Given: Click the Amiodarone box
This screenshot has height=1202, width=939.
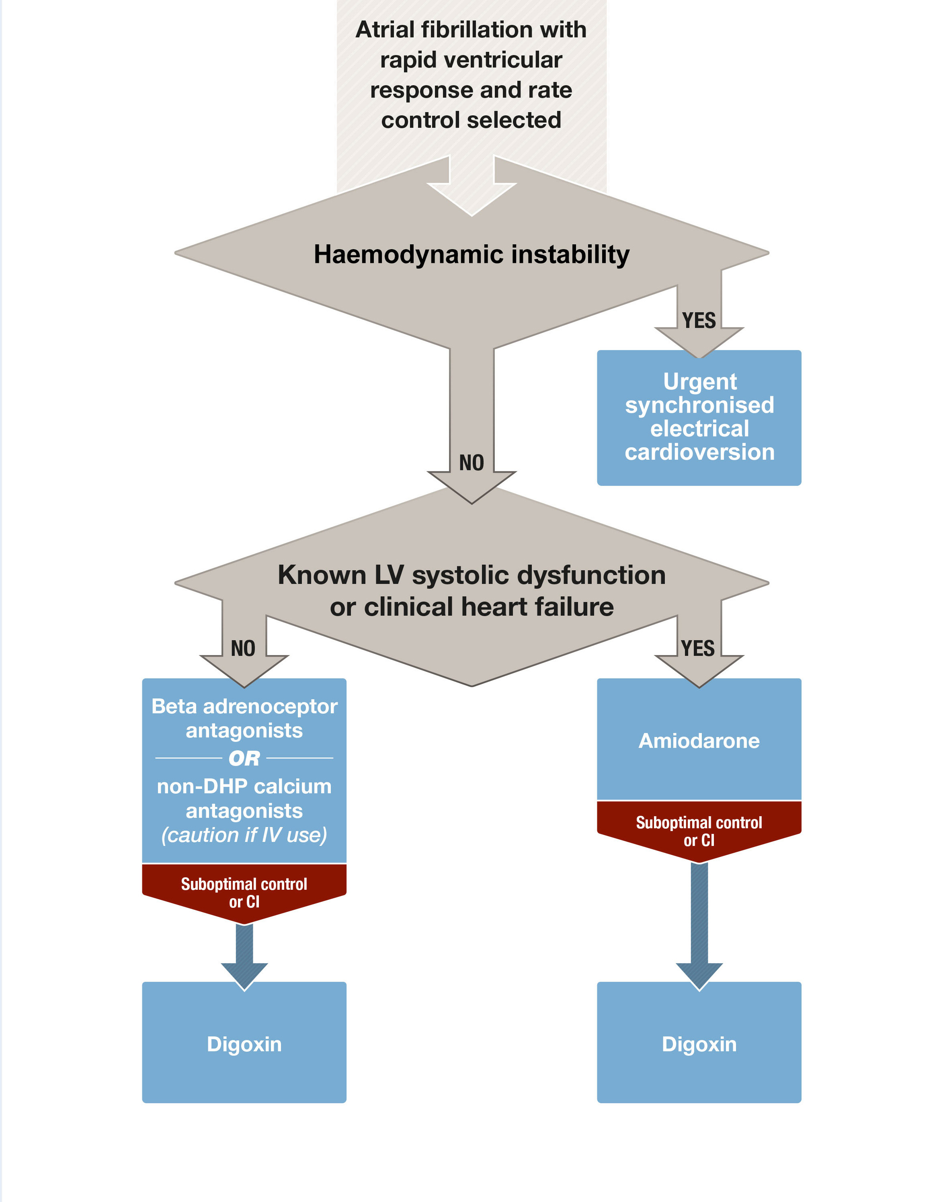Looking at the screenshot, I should [x=699, y=740].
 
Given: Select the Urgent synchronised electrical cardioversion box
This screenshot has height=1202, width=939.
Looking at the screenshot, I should [x=699, y=417].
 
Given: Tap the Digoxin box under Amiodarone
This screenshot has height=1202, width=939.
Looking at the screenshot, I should [x=699, y=1044].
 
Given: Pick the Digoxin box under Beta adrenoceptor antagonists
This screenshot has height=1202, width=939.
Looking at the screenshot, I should [x=244, y=1044].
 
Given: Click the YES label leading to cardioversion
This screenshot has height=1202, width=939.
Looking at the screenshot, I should [x=699, y=320].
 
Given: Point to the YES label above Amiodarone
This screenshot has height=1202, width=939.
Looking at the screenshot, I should [x=697, y=648].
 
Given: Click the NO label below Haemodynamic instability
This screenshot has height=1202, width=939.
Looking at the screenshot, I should [x=471, y=463].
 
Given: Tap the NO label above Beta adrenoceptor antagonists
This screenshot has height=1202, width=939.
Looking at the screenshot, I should [x=243, y=648].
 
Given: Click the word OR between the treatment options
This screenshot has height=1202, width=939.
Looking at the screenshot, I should [x=244, y=758].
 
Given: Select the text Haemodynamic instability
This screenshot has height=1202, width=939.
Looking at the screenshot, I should [x=471, y=254].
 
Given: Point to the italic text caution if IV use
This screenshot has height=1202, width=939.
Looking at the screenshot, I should [x=244, y=835].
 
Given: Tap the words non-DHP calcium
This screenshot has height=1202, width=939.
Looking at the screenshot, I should [x=244, y=786].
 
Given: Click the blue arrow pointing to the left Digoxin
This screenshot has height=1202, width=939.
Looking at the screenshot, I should [x=244, y=956].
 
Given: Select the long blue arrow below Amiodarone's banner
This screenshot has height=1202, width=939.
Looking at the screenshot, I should [x=699, y=925].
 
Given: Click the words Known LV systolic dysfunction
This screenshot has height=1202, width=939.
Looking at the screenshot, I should [x=471, y=575].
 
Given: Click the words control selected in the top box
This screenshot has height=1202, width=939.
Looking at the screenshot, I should [x=471, y=120].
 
